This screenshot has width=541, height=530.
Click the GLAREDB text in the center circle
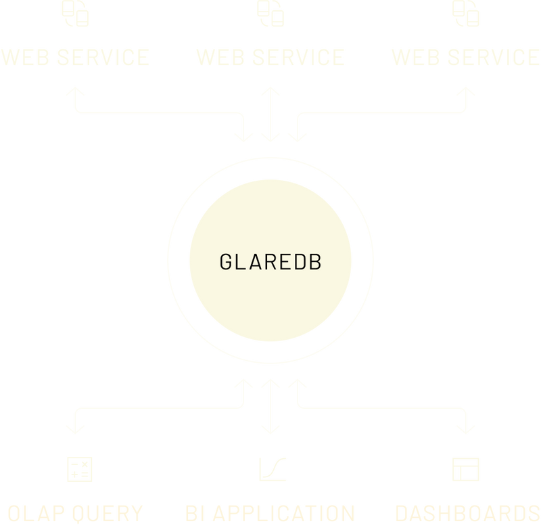tap(270, 262)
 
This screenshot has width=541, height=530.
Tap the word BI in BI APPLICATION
tap(195, 512)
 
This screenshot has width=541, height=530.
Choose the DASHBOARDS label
tap(467, 512)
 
